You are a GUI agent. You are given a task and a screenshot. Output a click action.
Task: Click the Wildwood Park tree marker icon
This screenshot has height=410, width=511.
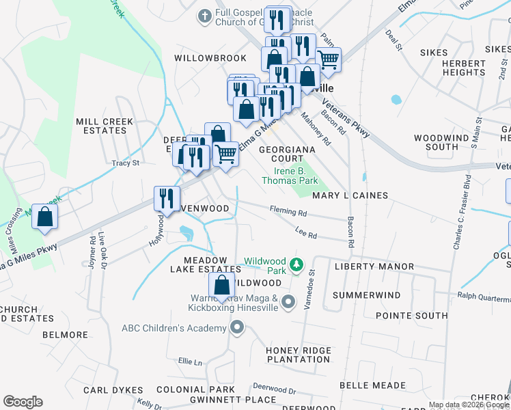(x=296, y=264)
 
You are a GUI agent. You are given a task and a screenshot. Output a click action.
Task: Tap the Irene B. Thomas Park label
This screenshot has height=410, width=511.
(x=290, y=176)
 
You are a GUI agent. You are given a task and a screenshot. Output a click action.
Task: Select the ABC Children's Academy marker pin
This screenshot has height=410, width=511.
(x=237, y=328)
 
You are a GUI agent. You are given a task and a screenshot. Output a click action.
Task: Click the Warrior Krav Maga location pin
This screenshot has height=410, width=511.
(x=288, y=301)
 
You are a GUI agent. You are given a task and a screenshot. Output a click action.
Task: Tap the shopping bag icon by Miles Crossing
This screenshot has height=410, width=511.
(x=44, y=217)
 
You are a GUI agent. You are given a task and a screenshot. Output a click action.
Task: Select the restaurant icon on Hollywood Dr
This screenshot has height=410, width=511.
(x=167, y=198)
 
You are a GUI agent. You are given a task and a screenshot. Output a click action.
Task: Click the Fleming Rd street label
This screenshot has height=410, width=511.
(x=288, y=212)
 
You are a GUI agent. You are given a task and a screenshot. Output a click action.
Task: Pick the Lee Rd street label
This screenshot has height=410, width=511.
(x=306, y=235)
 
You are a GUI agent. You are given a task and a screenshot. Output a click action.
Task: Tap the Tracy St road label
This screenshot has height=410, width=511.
(x=126, y=163)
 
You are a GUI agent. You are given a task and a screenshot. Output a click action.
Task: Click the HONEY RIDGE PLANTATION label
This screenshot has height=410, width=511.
(x=298, y=355)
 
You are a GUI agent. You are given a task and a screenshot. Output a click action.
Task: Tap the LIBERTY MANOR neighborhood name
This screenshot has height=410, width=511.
(x=373, y=266)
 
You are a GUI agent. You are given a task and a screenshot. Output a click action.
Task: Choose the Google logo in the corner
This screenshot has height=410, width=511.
(x=23, y=401)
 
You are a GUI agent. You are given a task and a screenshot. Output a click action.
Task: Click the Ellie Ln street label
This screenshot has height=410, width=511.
(x=191, y=361)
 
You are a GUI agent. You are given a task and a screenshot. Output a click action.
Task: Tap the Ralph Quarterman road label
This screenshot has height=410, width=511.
(x=484, y=296)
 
